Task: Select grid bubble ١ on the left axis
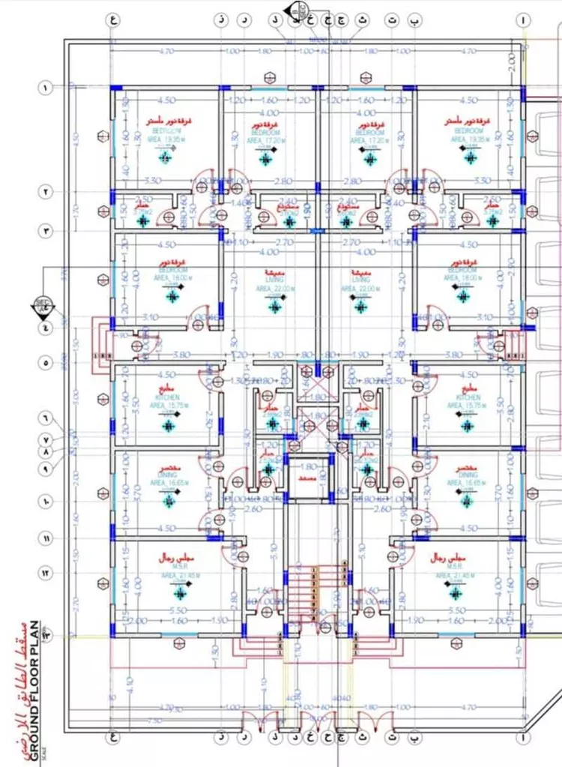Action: point(46,88)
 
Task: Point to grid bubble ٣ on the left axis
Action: point(46,231)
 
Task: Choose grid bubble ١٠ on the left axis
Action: point(46,500)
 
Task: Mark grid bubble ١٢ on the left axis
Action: point(46,574)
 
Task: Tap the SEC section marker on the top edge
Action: point(301,9)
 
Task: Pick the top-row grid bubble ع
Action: point(114,21)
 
